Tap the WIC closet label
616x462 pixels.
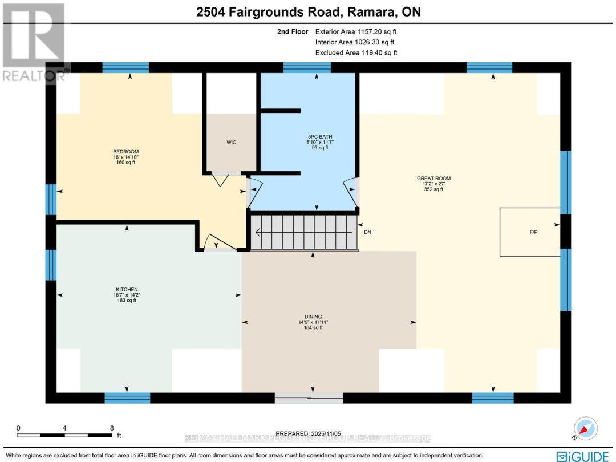pos(231,143)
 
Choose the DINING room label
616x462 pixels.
pos(313,317)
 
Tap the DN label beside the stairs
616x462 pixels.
pos(367,232)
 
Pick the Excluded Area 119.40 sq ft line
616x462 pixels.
pos(356,52)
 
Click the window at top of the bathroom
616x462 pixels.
pos(307,67)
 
